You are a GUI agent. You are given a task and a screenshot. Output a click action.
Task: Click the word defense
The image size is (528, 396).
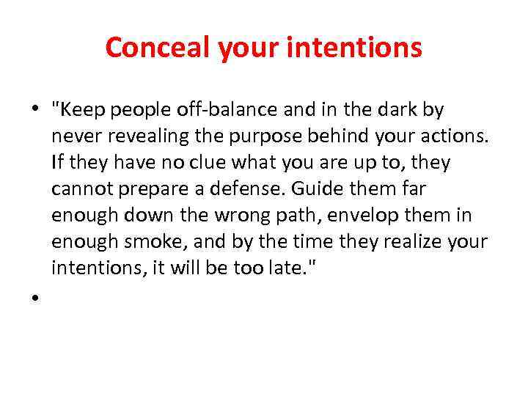coord(250,189)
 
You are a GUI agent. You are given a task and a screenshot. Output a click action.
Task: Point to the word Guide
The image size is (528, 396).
coord(312,189)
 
